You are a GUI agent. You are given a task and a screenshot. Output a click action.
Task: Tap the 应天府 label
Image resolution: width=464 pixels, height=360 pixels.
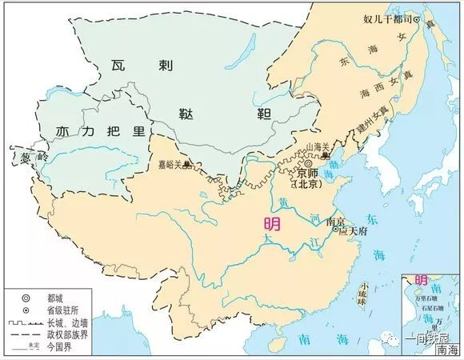(x=353, y=231)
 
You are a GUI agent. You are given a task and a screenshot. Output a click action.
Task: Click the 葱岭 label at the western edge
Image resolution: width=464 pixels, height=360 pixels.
(x=19, y=159)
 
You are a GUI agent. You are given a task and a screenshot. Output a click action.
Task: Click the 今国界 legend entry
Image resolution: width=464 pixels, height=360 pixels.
(x=61, y=349)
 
